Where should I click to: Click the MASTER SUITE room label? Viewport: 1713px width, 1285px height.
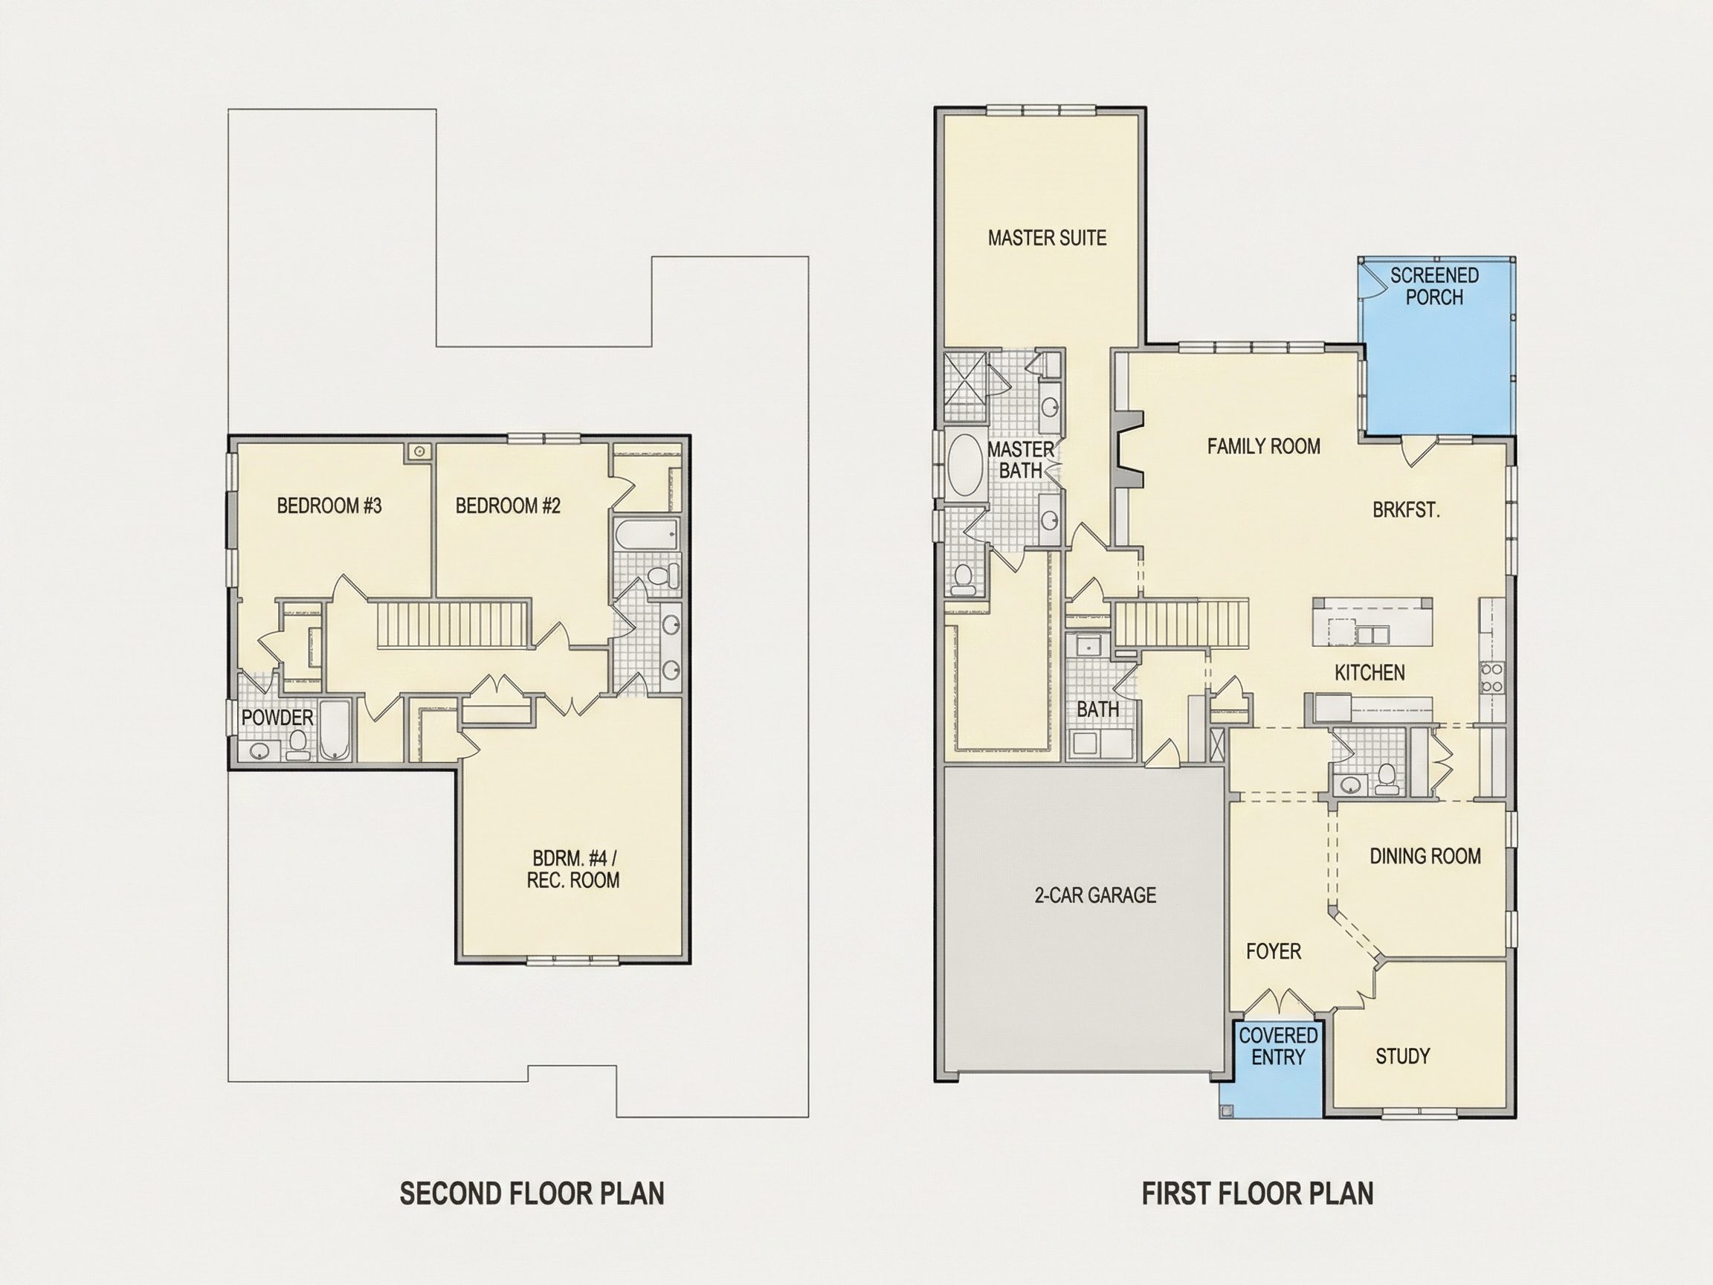click(1047, 238)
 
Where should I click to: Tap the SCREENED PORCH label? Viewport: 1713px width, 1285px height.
click(1434, 286)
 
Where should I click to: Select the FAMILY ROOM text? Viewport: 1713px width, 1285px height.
click(1264, 446)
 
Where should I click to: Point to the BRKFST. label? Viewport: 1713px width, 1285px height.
click(1407, 510)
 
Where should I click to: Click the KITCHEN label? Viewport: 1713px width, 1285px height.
click(1370, 672)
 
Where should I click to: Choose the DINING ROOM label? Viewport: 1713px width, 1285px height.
click(1426, 856)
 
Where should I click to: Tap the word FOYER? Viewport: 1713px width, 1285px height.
click(1274, 951)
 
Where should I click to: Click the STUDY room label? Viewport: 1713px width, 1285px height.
click(1402, 1056)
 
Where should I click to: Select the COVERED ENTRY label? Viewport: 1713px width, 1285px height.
click(1279, 1046)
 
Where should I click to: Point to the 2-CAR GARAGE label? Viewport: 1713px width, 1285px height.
click(1096, 895)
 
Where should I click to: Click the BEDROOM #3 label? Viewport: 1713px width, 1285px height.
click(329, 506)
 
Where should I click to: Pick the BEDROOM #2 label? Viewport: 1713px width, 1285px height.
click(508, 506)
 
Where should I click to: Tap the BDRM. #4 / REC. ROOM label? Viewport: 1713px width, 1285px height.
click(573, 869)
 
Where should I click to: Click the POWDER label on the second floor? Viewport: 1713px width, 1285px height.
click(277, 718)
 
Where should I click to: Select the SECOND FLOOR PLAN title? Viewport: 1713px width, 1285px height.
click(532, 1194)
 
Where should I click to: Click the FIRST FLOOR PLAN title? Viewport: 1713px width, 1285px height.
click(1258, 1194)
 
